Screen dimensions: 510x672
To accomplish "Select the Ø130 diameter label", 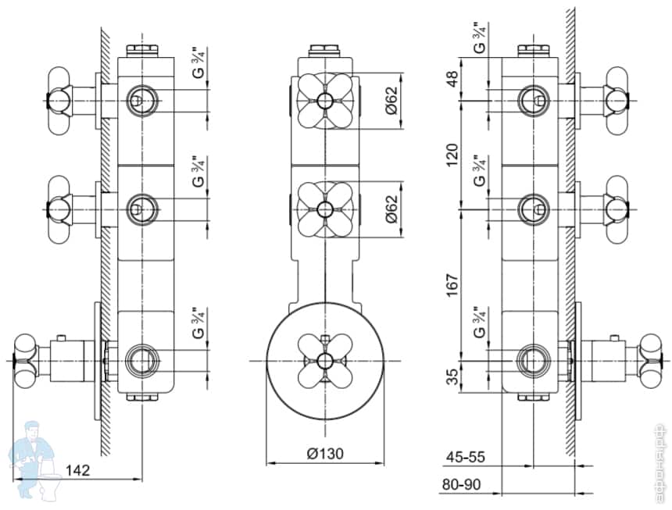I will [324, 454].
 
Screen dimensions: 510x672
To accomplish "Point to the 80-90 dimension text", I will [462, 484].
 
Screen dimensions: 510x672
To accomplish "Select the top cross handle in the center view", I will [324, 100].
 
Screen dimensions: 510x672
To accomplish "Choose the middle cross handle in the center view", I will [324, 208].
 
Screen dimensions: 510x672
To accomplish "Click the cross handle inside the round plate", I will [324, 359].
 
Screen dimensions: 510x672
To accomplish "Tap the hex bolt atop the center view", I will [324, 52].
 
